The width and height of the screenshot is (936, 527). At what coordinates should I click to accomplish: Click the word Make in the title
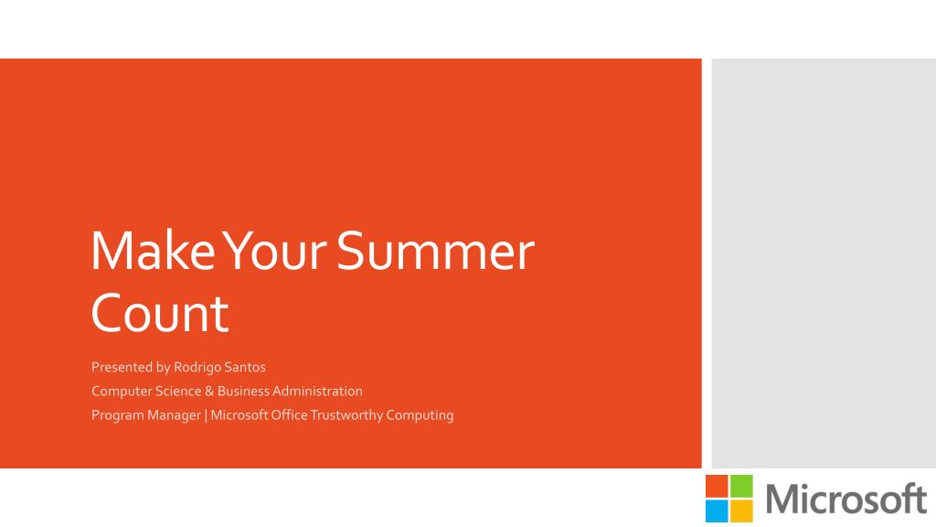pyautogui.click(x=153, y=251)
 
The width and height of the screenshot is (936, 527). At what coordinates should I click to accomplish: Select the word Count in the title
pyautogui.click(x=159, y=313)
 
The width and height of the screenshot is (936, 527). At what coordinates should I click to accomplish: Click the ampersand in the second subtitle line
pyautogui.click(x=209, y=392)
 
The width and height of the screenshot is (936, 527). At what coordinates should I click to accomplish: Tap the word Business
pyautogui.click(x=243, y=392)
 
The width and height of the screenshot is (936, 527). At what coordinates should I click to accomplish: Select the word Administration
pyautogui.click(x=317, y=392)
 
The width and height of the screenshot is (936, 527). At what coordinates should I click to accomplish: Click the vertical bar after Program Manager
pyautogui.click(x=206, y=415)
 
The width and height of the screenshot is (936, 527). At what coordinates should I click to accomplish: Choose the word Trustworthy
pyautogui.click(x=346, y=415)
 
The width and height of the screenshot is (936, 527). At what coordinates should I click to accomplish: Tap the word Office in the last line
pyautogui.click(x=289, y=415)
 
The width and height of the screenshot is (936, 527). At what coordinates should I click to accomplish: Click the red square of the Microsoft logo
pyautogui.click(x=717, y=486)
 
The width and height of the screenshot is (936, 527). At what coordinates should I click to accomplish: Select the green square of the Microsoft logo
pyautogui.click(x=741, y=486)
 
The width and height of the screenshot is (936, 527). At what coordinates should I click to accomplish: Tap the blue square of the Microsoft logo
pyautogui.click(x=717, y=511)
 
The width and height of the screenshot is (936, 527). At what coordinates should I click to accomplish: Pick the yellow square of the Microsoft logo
pyautogui.click(x=741, y=511)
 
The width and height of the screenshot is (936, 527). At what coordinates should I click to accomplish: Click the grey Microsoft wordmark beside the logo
pyautogui.click(x=846, y=499)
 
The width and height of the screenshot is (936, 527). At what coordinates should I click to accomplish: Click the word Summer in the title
pyautogui.click(x=436, y=252)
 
